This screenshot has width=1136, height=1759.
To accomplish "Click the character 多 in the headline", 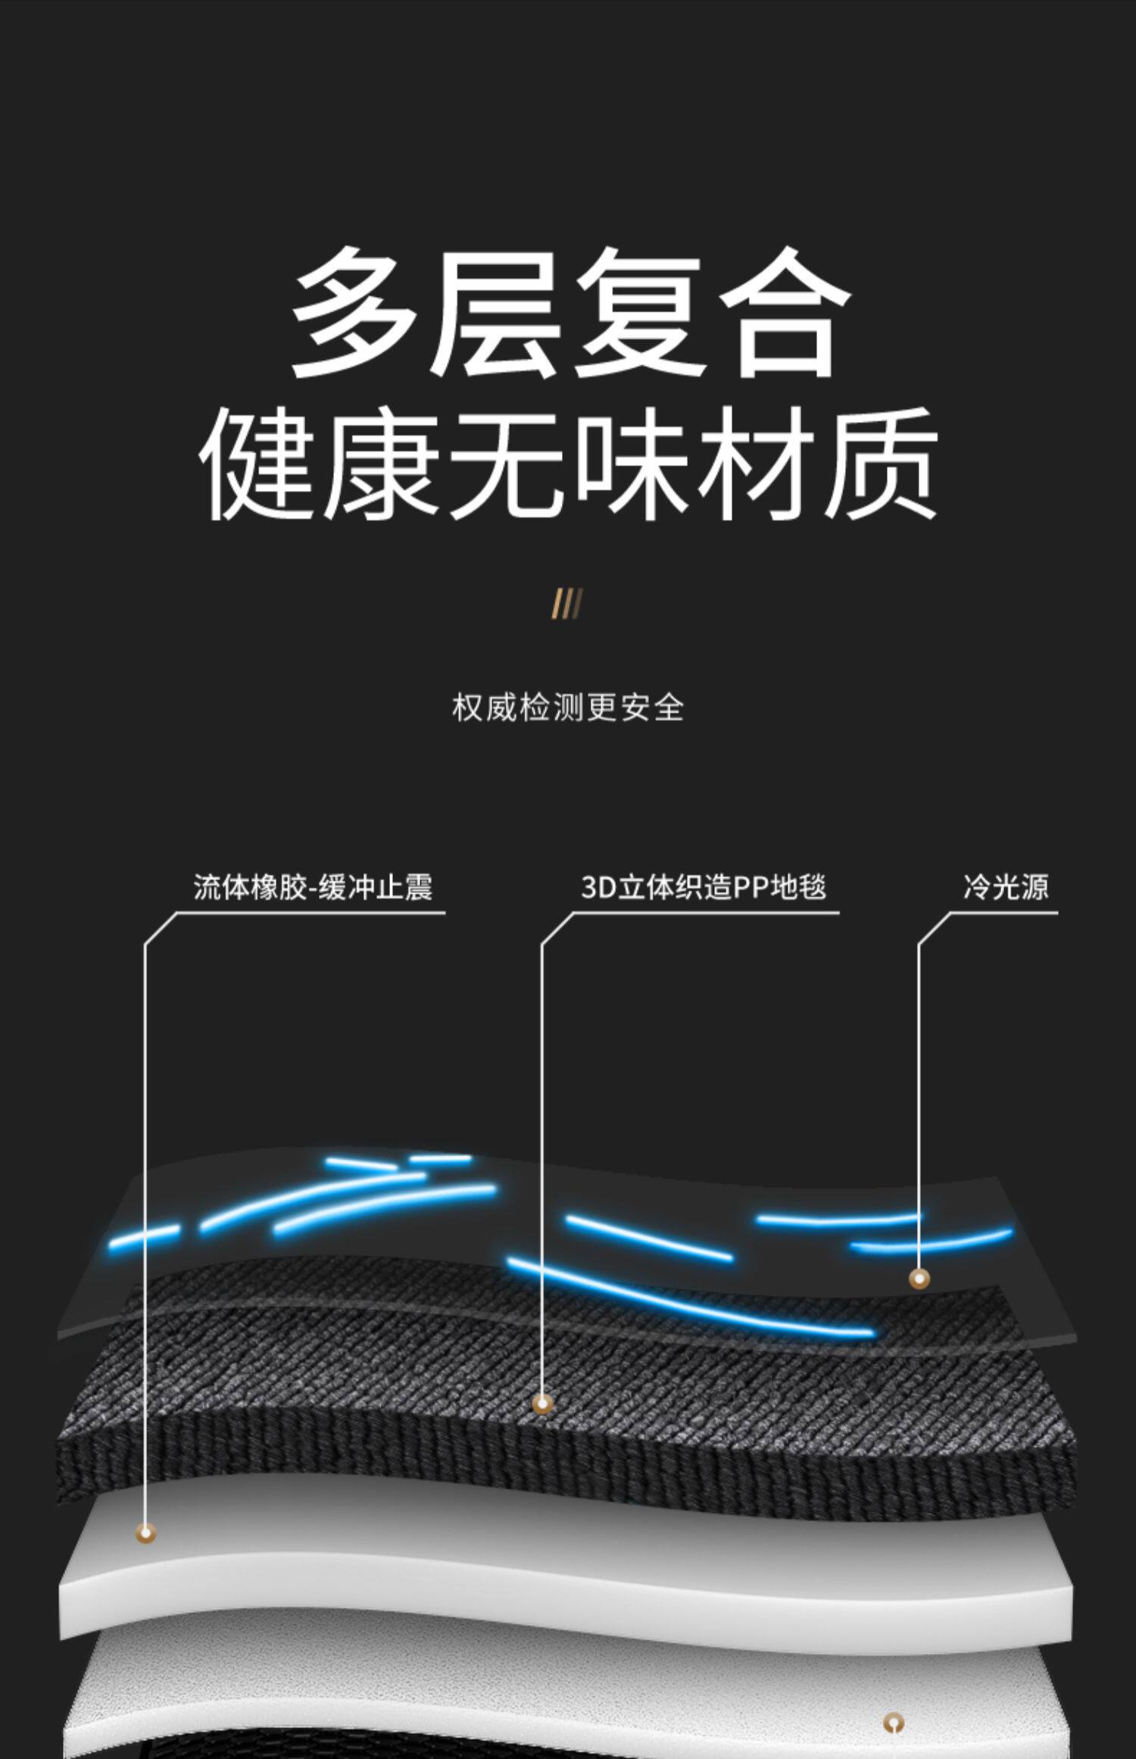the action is (353, 312).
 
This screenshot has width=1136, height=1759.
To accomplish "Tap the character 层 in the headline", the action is (495, 312).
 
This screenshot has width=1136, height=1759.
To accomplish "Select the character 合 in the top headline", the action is (785, 312).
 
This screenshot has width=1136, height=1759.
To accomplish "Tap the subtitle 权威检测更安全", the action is (568, 708).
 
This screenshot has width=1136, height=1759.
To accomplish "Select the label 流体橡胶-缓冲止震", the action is (312, 887).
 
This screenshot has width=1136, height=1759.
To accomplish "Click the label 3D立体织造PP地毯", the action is (703, 887).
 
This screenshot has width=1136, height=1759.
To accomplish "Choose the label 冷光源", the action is (1006, 887).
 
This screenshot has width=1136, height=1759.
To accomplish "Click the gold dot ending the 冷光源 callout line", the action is (919, 1279).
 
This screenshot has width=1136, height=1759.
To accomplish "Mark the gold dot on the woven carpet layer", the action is (541, 1403).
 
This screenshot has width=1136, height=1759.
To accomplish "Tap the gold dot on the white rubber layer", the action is (145, 1533).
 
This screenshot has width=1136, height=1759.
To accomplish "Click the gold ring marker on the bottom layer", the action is (894, 1723).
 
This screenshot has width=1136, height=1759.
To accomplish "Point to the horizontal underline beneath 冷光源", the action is (1000, 913).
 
